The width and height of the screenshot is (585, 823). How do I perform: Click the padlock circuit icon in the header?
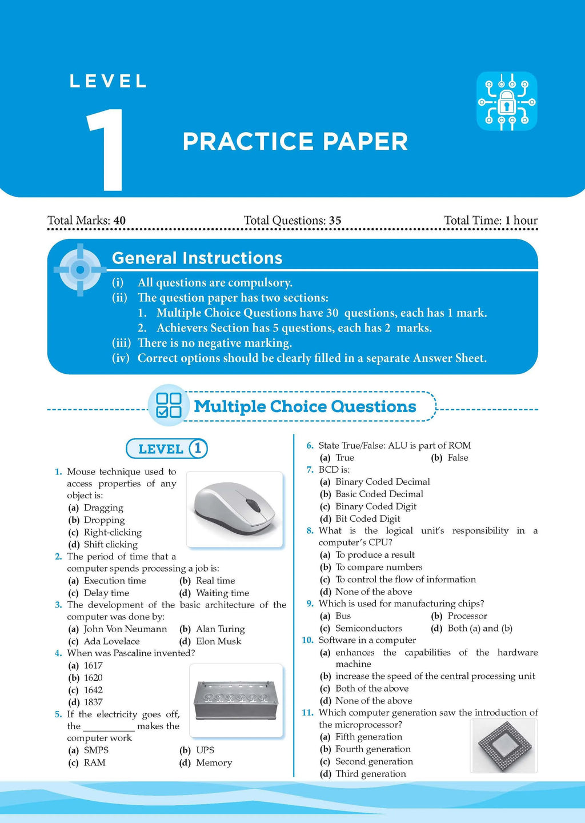[x=507, y=101]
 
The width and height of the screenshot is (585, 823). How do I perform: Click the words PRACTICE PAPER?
[x=295, y=142]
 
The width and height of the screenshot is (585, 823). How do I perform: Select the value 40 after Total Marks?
[x=119, y=221]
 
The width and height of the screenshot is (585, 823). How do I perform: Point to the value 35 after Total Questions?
[x=335, y=221]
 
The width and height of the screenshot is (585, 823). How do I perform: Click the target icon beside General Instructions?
[x=80, y=270]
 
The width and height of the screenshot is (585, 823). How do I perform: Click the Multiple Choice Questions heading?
[x=304, y=406]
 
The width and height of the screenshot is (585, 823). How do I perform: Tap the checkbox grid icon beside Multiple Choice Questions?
[x=169, y=405]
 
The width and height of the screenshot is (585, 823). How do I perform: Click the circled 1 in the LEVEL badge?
[x=198, y=449]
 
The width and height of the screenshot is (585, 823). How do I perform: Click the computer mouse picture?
[x=235, y=509]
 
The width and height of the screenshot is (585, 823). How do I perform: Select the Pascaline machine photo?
[x=236, y=700]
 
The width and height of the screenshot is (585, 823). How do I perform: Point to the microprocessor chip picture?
[x=504, y=745]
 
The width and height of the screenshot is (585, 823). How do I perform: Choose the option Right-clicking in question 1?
[x=113, y=532]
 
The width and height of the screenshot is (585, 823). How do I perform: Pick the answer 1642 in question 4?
[x=93, y=690]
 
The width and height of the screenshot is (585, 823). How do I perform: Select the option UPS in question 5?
[x=205, y=750]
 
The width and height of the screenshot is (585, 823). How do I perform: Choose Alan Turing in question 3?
[x=220, y=629]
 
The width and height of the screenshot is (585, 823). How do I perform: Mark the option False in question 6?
[x=458, y=458]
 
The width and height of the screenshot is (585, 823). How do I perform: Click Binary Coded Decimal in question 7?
[x=382, y=482]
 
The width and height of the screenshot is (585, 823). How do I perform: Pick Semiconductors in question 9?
[x=368, y=628]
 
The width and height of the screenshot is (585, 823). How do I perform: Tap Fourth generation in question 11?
[x=372, y=749]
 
